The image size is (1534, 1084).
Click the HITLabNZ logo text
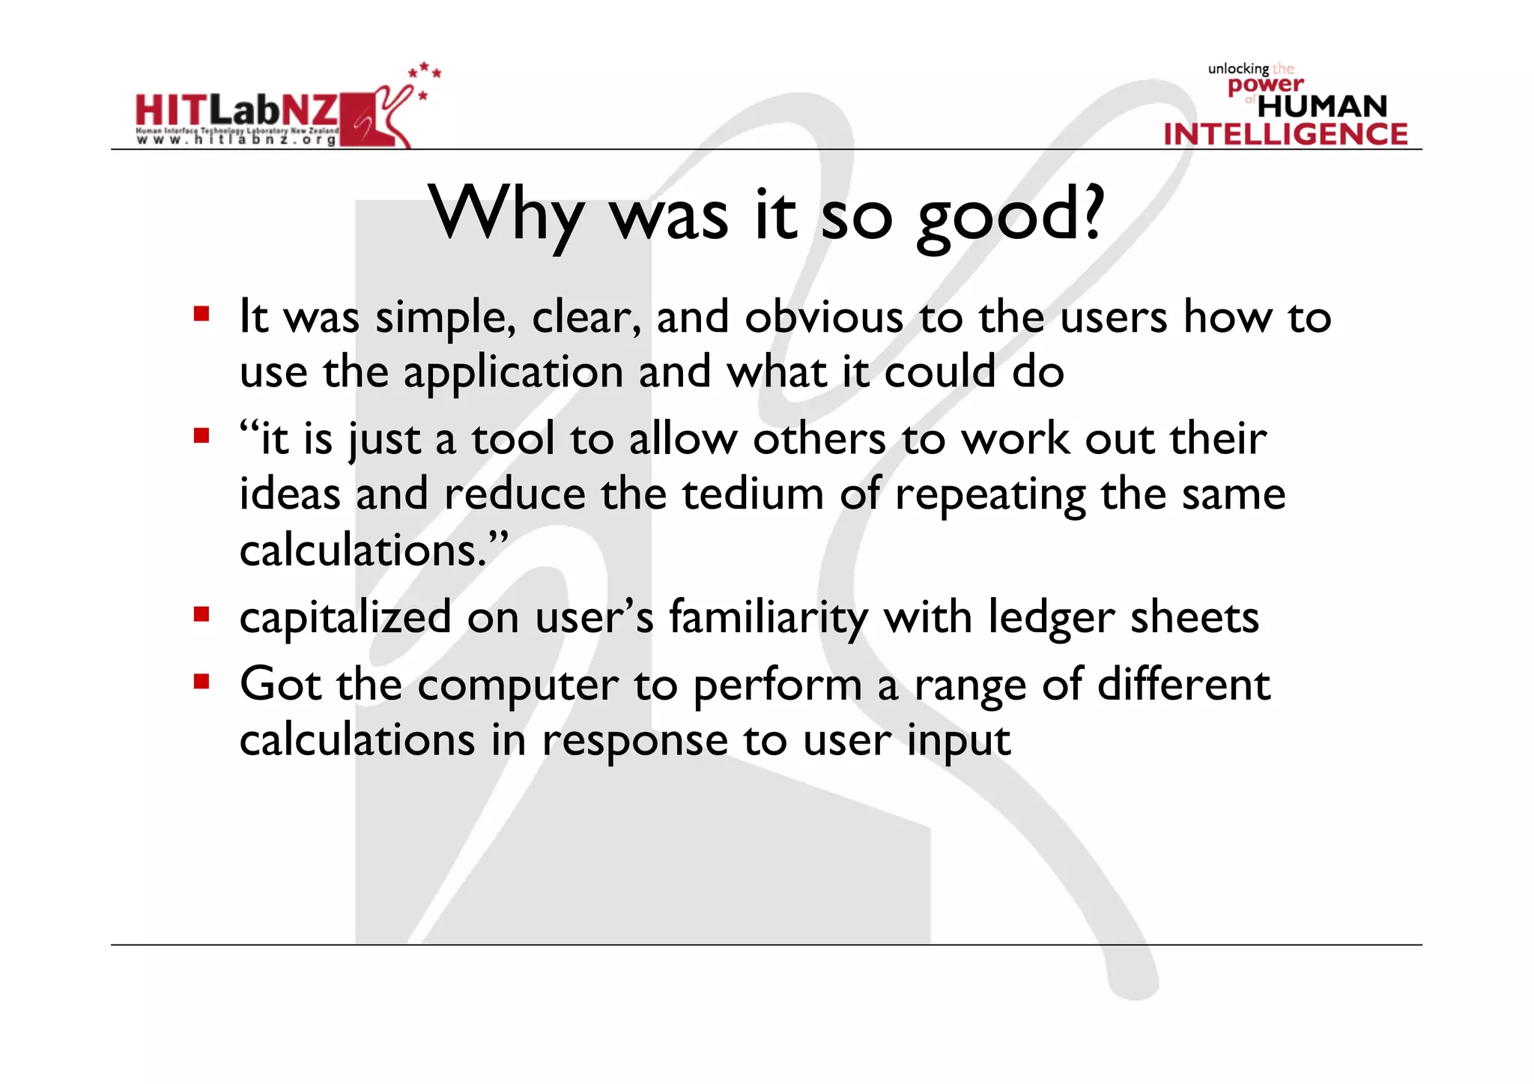point(237,110)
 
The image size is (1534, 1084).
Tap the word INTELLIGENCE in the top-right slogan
point(1285,134)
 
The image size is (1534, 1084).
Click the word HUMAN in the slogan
point(1322,106)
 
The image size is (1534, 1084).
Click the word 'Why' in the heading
point(506,216)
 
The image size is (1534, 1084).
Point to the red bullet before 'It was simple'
point(201,313)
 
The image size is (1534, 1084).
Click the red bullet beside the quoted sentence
point(201,435)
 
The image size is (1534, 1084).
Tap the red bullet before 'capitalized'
point(201,614)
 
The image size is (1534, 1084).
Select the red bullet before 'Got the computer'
point(201,681)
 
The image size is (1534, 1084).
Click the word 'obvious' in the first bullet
point(824,317)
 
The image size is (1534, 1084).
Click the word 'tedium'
point(753,494)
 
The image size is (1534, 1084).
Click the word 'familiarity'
point(768,619)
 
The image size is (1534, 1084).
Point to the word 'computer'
point(518,686)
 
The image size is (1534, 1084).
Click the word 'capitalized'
point(345,619)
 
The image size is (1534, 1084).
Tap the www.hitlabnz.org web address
point(236,140)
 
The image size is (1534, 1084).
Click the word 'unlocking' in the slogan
point(1238,69)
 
